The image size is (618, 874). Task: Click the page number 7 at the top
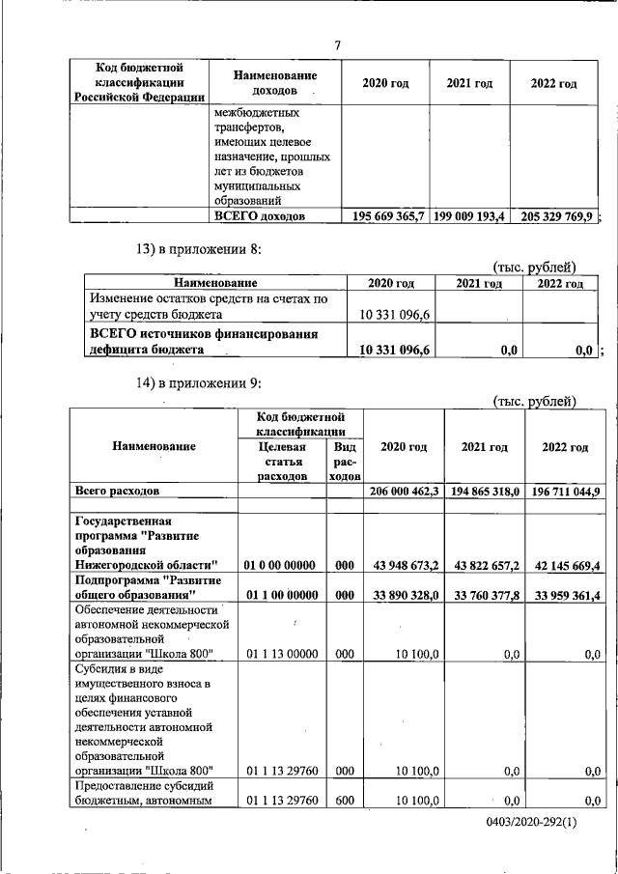coord(337,45)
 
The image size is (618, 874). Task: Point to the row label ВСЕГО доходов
coord(260,216)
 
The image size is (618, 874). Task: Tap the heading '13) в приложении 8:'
coord(198,250)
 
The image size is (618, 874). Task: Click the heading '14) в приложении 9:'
coord(198,383)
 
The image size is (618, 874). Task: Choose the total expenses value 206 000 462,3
coord(405,492)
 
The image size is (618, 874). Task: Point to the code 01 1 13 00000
coord(282,654)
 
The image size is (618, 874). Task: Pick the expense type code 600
coord(344,801)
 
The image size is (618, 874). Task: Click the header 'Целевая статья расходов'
coord(282,462)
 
